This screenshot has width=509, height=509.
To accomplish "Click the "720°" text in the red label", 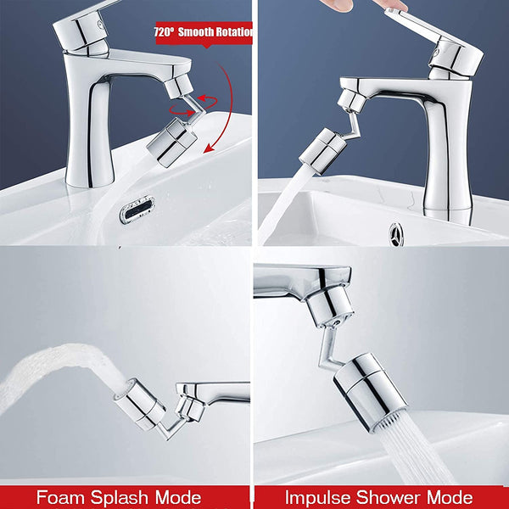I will [x=163, y=33].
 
